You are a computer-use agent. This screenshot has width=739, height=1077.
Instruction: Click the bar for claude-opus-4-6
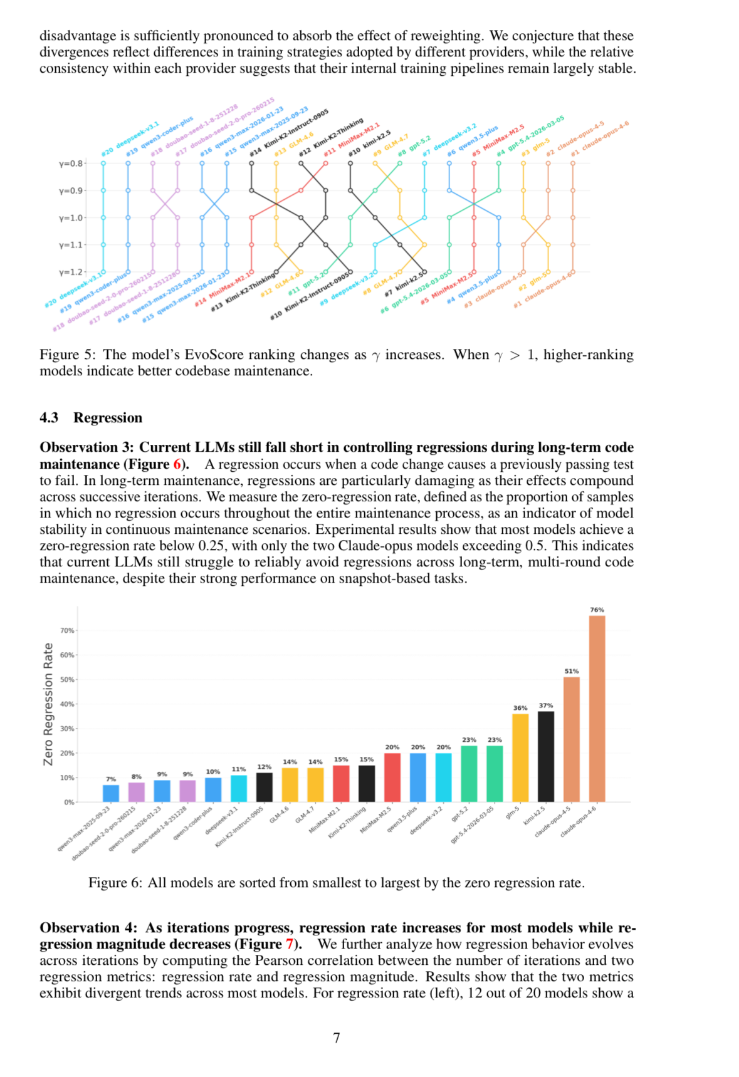(x=597, y=708)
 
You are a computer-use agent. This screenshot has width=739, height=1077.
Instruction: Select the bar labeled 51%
(x=571, y=739)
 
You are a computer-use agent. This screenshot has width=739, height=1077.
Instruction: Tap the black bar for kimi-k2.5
(x=546, y=756)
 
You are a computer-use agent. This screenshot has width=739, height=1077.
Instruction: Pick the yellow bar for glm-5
(x=520, y=757)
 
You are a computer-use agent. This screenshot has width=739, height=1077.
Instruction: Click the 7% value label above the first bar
(x=111, y=779)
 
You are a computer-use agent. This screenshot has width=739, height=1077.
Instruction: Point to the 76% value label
(x=597, y=610)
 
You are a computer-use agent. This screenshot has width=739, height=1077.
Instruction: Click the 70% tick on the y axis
(x=67, y=630)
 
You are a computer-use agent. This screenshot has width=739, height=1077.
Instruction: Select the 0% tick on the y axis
(x=69, y=802)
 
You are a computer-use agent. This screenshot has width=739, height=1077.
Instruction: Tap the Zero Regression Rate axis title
(x=48, y=704)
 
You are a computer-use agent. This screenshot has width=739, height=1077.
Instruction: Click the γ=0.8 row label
(x=71, y=164)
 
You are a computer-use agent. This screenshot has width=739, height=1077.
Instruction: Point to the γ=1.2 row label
(x=71, y=272)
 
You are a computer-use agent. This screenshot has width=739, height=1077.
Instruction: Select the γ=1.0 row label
(x=71, y=218)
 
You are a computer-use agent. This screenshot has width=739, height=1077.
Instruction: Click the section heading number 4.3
(x=49, y=418)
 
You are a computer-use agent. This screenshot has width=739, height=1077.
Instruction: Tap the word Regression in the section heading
(x=108, y=418)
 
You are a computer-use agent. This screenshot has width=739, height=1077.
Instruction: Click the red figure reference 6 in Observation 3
(x=177, y=464)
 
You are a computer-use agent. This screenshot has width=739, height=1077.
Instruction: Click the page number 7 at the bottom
(x=337, y=1038)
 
